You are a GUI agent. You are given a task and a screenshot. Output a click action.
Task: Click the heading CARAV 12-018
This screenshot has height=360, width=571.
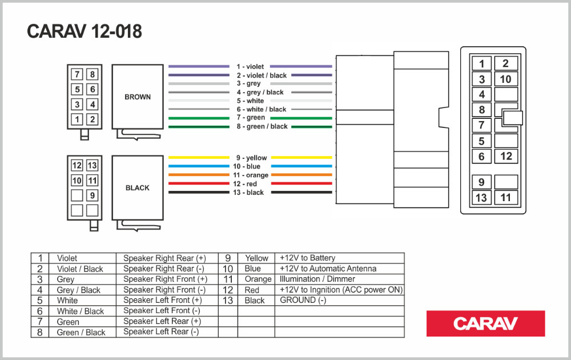[85, 32]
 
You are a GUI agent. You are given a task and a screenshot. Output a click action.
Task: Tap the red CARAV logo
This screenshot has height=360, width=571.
[485, 323]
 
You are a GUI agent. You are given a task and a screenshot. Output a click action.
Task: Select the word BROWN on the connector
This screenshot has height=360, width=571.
[138, 97]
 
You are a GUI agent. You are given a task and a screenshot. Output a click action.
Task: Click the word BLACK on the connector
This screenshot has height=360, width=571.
[138, 188]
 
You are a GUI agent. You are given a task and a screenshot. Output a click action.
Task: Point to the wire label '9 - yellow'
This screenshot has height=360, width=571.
[251, 158]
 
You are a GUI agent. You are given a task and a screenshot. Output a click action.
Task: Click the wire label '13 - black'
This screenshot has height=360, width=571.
[250, 193]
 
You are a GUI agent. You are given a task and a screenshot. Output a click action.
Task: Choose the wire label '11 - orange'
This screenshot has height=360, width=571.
[251, 175]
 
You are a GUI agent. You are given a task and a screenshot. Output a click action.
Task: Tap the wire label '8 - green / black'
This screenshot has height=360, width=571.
[262, 126]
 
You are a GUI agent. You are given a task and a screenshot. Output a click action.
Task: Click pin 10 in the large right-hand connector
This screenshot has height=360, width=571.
[506, 79]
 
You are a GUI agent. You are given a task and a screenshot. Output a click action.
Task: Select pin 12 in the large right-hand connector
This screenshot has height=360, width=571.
[506, 156]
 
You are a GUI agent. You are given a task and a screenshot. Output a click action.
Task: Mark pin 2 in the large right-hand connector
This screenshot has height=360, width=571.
[506, 63]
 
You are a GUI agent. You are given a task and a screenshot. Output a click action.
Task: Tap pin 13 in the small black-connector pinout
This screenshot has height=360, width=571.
[92, 166]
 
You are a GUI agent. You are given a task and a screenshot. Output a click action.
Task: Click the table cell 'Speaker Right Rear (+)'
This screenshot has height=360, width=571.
[165, 258]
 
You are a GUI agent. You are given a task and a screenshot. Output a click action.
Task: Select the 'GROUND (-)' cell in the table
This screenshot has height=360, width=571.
[303, 300]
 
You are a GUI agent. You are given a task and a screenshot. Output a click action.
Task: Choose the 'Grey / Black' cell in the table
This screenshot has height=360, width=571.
[79, 290]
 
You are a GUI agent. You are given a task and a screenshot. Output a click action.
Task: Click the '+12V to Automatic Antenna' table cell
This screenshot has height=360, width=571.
[328, 269]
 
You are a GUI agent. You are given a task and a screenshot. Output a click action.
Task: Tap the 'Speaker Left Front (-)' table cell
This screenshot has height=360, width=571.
[162, 311]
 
